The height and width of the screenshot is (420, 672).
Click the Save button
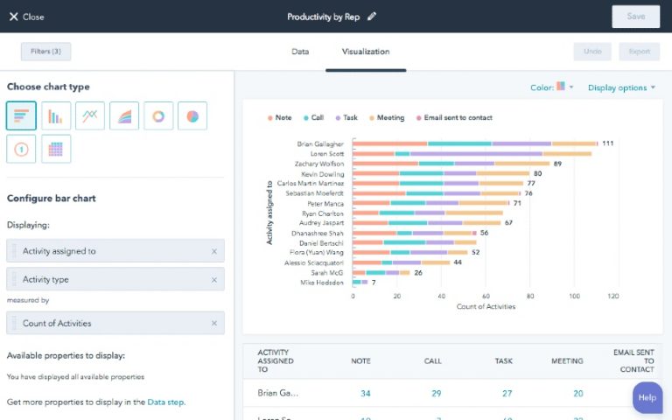click(x=635, y=17)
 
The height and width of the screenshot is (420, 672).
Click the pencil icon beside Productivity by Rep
click(x=372, y=17)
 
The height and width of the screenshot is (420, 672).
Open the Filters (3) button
click(x=45, y=52)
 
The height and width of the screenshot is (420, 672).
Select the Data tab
click(x=300, y=52)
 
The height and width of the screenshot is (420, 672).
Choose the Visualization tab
click(x=365, y=52)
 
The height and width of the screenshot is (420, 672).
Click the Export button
click(x=639, y=52)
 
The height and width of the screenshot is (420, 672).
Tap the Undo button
click(x=592, y=52)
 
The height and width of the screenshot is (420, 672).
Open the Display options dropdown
click(x=621, y=87)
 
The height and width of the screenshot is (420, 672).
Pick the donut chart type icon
click(x=158, y=115)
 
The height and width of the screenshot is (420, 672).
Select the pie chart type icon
click(x=192, y=115)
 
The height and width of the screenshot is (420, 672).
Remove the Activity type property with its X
click(x=213, y=279)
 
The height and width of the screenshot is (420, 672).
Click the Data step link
click(x=165, y=402)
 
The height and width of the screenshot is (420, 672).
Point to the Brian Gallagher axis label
click(x=320, y=143)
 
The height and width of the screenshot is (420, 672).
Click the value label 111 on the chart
click(x=607, y=143)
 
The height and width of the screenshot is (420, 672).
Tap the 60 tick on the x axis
click(x=485, y=296)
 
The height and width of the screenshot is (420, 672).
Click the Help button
click(x=647, y=397)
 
